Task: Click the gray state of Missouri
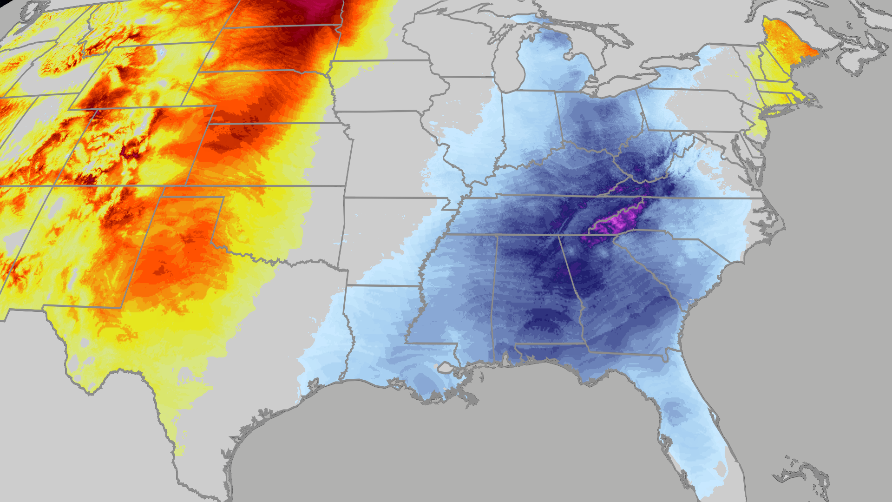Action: tap(386, 153)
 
